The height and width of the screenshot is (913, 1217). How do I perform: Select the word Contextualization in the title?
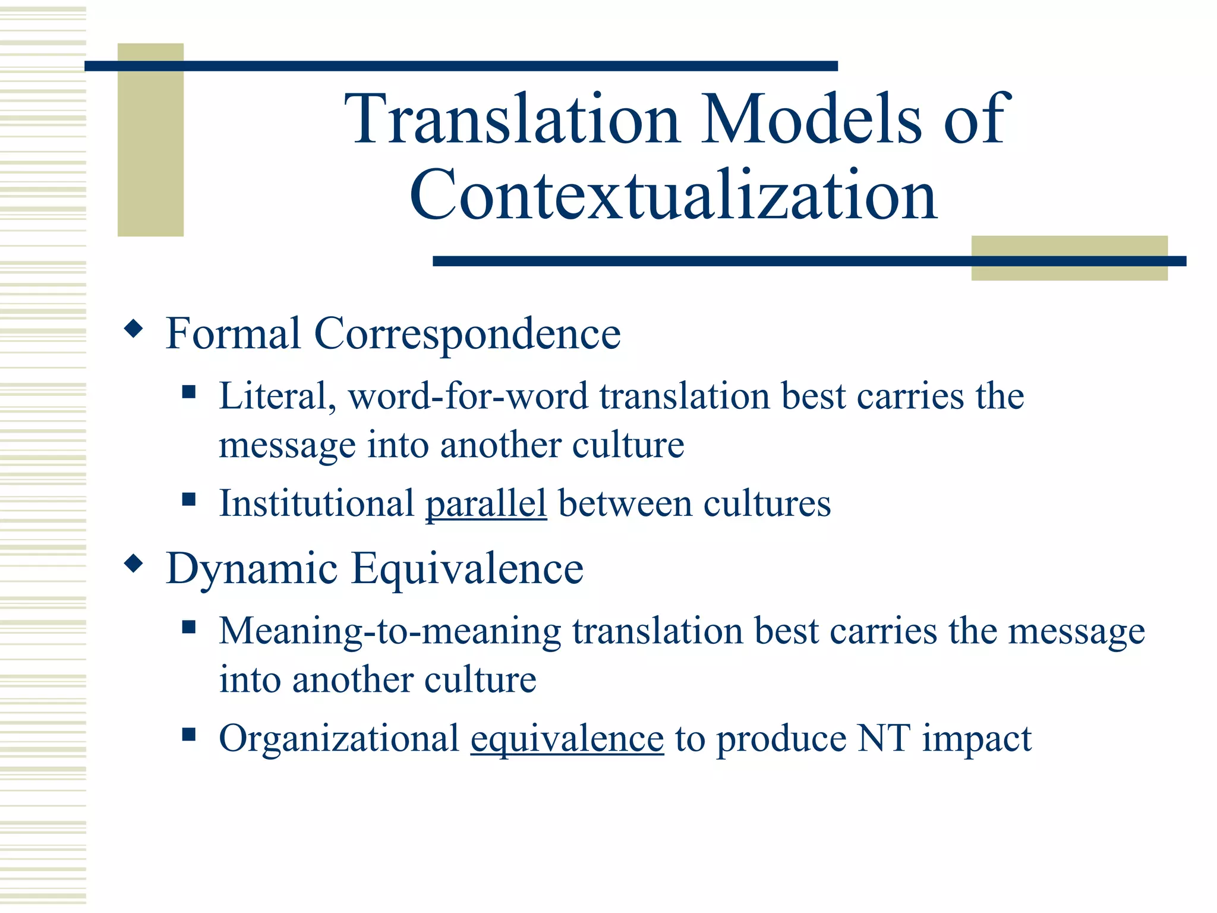673,195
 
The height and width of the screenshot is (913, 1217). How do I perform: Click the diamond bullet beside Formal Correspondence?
134,328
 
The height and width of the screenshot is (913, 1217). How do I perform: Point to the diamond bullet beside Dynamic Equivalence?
134,563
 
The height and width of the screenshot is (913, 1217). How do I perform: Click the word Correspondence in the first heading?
467,334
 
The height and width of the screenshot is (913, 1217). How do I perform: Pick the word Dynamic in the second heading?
252,569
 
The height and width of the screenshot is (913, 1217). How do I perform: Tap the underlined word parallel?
485,503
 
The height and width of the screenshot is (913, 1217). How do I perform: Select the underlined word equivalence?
567,739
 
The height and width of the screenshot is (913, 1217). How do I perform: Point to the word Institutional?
316,503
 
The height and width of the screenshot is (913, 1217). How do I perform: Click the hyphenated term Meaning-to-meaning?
390,631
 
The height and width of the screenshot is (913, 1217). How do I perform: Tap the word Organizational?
339,739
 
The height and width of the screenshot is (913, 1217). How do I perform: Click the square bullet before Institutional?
189,499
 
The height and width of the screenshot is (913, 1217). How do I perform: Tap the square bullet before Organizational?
189,735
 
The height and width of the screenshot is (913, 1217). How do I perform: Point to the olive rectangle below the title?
1069,271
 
